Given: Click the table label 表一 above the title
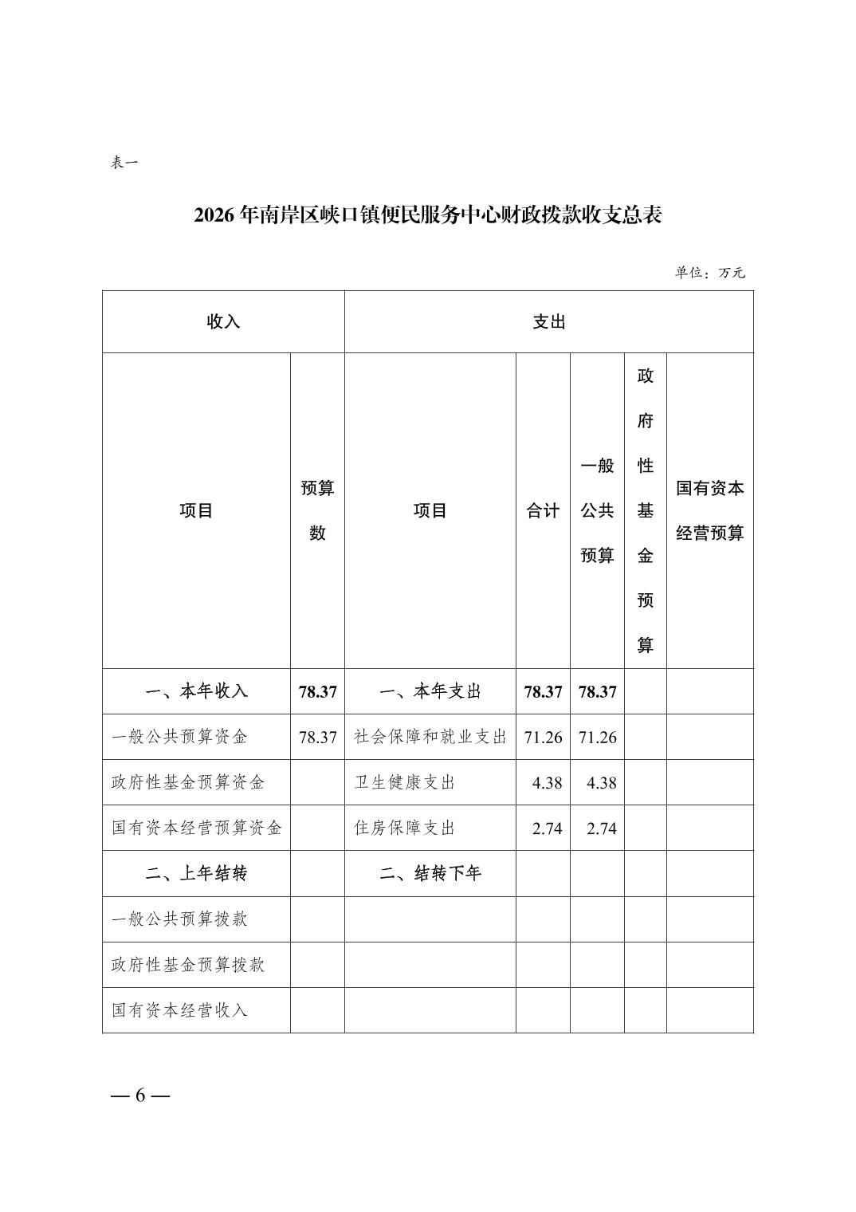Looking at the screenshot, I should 124,163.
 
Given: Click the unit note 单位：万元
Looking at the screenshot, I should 709,273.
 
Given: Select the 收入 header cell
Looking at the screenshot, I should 223,322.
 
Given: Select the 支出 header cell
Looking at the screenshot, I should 548,322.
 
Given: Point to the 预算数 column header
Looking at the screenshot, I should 317,510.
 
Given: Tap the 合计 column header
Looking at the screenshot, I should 543,511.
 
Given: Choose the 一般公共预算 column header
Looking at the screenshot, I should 597,510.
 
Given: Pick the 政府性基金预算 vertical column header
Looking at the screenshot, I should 645,510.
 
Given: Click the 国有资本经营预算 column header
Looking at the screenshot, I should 709,510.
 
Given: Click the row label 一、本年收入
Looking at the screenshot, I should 196,691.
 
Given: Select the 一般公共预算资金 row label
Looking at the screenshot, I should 179,737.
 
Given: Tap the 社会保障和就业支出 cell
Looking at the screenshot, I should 430,737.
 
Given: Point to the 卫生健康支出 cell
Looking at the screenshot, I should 404,782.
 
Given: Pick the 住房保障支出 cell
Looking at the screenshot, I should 404,828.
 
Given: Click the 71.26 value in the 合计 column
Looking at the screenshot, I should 543,737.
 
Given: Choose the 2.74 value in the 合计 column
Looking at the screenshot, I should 547,828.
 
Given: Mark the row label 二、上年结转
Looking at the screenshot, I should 196,873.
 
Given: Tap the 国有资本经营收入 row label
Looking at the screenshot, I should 179,1010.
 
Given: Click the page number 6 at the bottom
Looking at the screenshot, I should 140,1095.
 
